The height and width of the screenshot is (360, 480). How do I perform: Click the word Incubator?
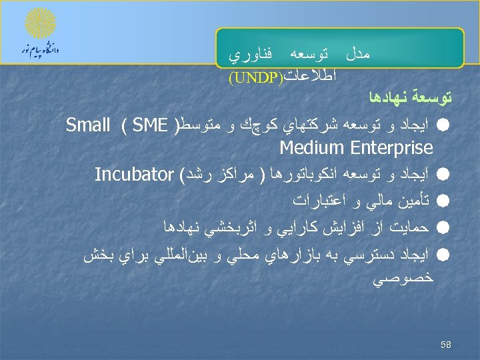click(133, 174)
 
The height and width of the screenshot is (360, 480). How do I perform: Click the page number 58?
click(446, 344)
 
